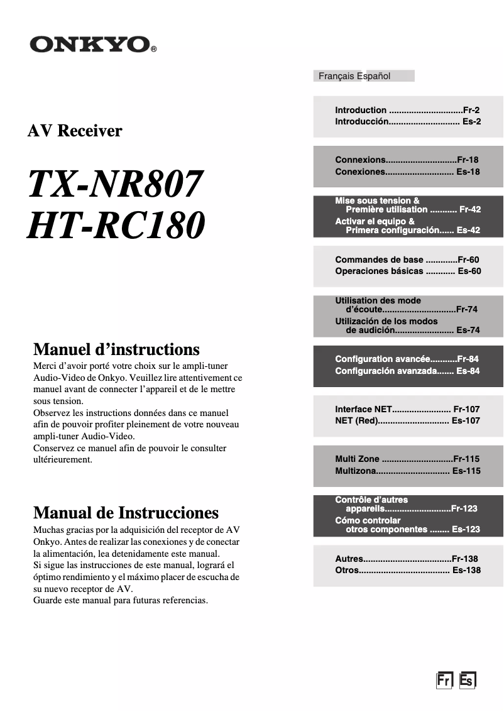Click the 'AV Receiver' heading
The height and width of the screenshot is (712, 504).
[x=75, y=131]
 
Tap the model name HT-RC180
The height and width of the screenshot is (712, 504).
[x=116, y=226]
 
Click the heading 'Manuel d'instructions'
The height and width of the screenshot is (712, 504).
[x=116, y=349]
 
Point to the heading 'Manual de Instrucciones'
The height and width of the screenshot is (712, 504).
[x=126, y=512]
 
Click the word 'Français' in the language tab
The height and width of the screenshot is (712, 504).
[x=336, y=76]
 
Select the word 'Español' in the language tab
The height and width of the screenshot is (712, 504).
[x=374, y=76]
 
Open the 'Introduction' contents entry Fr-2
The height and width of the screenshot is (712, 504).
[x=407, y=110]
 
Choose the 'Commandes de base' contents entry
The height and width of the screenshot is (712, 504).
[x=407, y=260]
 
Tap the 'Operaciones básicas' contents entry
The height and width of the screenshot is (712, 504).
[x=407, y=271]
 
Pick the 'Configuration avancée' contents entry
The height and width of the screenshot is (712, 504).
[x=407, y=359]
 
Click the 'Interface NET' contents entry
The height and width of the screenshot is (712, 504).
[x=407, y=409]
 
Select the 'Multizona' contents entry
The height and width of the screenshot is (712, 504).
[x=407, y=471]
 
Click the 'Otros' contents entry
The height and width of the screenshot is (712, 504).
[x=407, y=571]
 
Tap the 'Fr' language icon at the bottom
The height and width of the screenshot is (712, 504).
[x=444, y=681]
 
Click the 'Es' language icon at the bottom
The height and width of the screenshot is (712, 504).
[x=467, y=681]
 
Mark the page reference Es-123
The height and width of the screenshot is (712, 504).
[x=466, y=529]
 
